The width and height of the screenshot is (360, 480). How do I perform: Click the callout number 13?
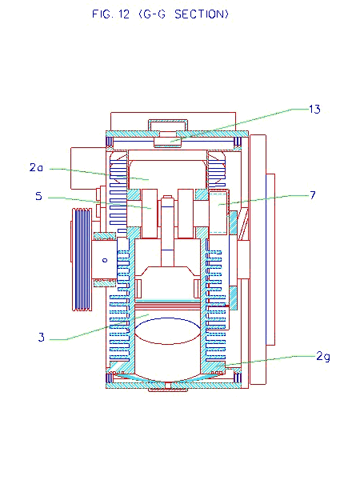click(314, 110)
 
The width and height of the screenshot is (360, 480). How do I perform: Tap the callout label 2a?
click(36, 167)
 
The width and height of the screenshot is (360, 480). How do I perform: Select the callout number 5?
click(38, 196)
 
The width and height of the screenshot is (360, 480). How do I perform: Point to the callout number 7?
click(312, 195)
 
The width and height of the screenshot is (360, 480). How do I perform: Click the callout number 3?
click(42, 337)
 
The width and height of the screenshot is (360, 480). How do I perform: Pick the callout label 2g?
click(323, 357)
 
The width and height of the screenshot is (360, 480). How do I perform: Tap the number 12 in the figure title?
click(124, 14)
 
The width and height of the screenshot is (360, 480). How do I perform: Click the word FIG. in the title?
click(102, 14)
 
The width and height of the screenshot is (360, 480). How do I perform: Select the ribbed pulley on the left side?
click(82, 259)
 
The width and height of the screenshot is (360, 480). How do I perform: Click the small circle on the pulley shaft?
click(105, 261)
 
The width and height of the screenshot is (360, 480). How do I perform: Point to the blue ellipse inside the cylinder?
click(168, 331)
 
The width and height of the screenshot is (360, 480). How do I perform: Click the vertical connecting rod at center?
click(168, 230)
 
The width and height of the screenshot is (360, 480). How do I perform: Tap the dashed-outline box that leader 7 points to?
click(218, 212)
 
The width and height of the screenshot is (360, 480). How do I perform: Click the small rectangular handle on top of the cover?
click(168, 125)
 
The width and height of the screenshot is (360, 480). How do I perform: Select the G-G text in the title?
click(152, 14)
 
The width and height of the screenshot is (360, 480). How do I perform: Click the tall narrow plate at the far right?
click(258, 259)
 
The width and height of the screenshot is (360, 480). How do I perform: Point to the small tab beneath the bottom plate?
click(168, 390)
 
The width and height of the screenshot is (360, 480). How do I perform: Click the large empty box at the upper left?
click(89, 168)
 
